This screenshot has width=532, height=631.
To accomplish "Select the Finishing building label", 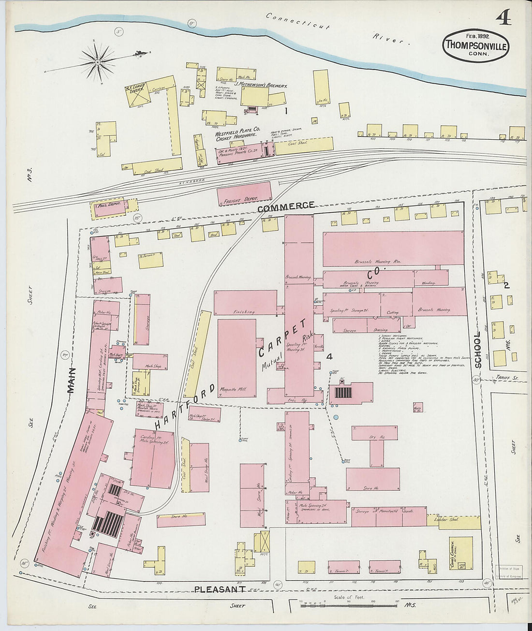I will click(x=244, y=312).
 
